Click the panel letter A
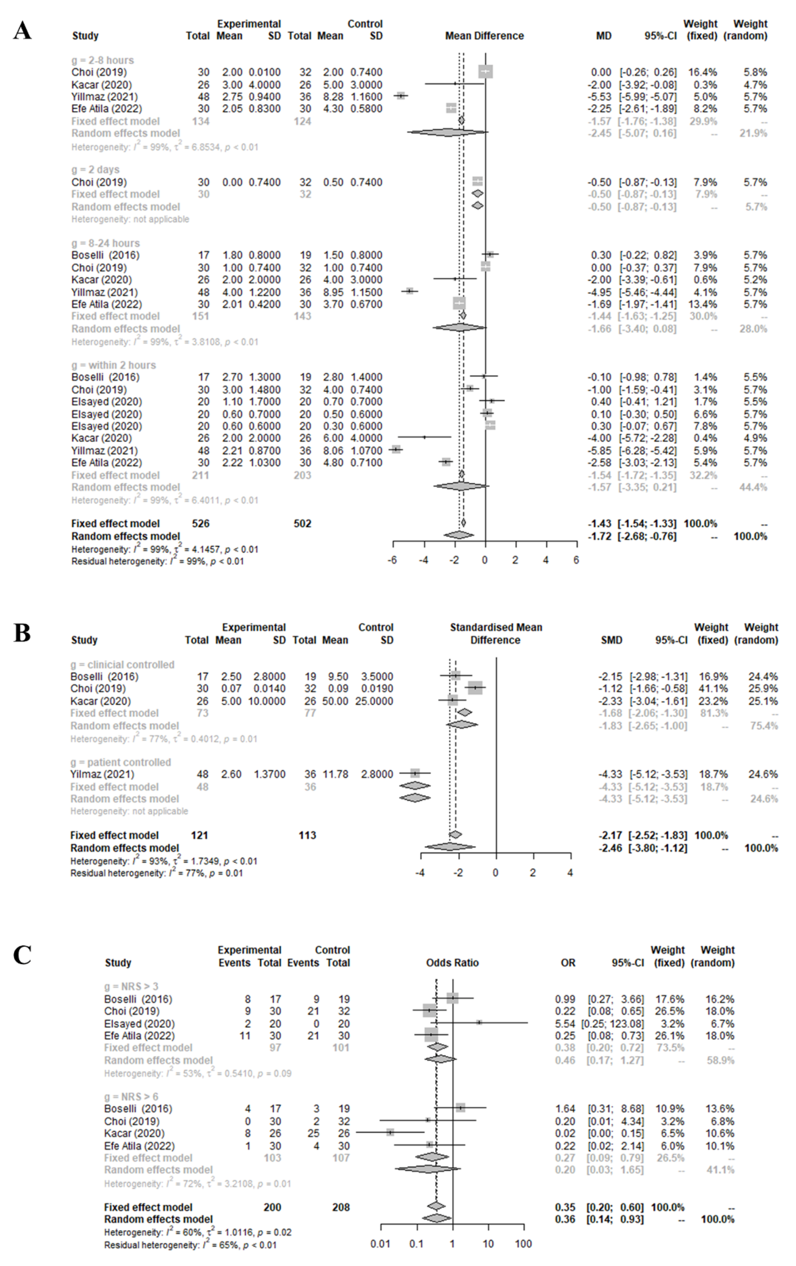point(22,30)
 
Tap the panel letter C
point(22,955)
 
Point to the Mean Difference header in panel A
point(484,36)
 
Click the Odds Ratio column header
point(452,963)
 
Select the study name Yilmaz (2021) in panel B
point(102,774)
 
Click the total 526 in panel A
point(201,524)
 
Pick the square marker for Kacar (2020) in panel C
point(390,1132)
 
